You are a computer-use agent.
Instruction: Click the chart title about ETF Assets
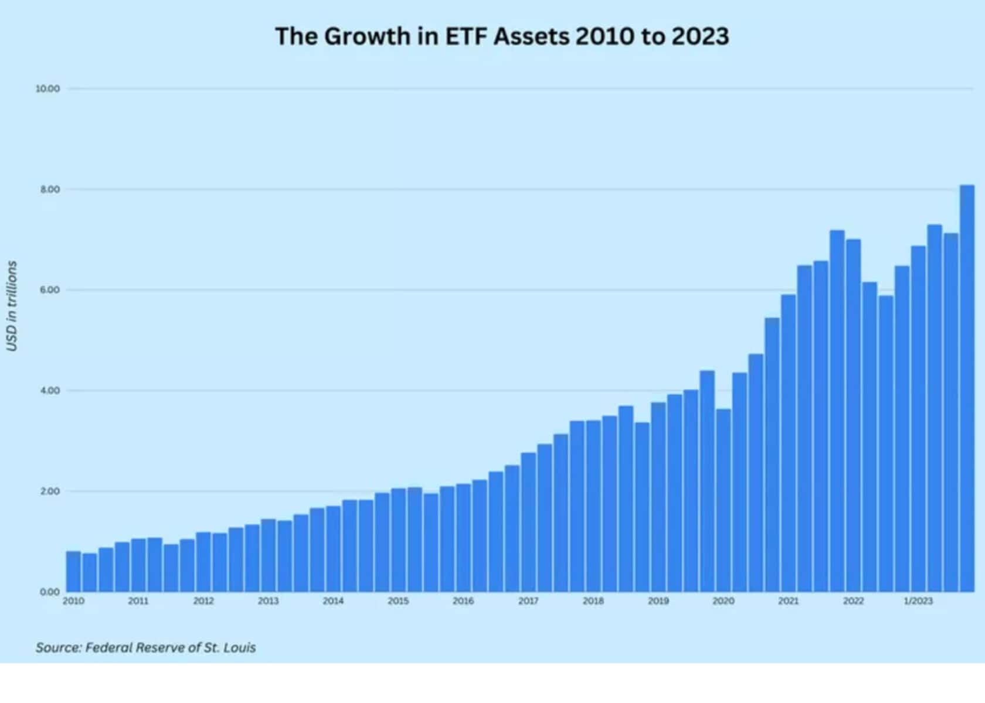[502, 36]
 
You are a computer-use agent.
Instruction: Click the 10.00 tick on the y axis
[47, 89]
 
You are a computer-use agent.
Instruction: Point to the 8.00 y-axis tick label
[50, 190]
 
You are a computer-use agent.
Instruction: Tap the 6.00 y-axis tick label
[50, 290]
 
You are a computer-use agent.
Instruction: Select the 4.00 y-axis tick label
[50, 391]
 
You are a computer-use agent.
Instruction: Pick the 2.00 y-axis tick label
[50, 492]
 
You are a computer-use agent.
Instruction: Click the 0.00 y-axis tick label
[50, 592]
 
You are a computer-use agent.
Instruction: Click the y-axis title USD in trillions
[12, 306]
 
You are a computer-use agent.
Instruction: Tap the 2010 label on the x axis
[73, 601]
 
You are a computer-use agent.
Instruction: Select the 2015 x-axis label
[398, 601]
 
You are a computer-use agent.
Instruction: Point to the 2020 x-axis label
[723, 601]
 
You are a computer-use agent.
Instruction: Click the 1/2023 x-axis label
[918, 601]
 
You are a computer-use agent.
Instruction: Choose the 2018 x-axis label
[593, 601]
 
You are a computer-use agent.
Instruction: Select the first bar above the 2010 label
[73, 571]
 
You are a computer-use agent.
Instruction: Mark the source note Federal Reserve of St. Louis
[145, 648]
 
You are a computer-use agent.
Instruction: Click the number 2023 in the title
[700, 36]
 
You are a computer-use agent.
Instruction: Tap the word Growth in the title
[367, 36]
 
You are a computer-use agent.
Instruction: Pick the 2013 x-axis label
[268, 601]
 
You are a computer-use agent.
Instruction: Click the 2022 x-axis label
[853, 601]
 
